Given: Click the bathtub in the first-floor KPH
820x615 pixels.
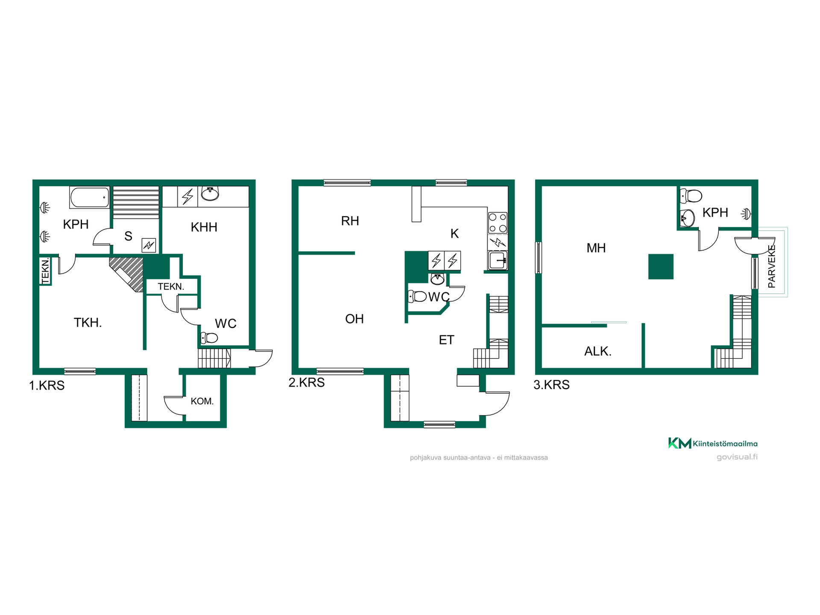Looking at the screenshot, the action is [x=90, y=197].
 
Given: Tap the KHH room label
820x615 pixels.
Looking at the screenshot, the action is [x=204, y=227].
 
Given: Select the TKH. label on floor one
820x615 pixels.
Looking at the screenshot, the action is [x=88, y=322].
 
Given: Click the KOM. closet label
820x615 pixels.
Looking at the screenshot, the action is [x=202, y=401].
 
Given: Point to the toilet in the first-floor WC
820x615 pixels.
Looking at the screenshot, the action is [x=209, y=338].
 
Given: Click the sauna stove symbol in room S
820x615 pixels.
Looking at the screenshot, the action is [x=149, y=245].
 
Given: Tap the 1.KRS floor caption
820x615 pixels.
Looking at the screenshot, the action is [x=47, y=385].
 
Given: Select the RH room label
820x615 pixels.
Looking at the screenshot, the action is [x=350, y=221].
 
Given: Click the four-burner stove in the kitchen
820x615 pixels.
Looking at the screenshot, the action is [x=498, y=223].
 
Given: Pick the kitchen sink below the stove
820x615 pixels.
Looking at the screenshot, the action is [x=498, y=260].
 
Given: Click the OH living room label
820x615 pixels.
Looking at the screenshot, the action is [x=354, y=319].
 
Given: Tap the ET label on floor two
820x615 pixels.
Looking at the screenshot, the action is [x=446, y=340].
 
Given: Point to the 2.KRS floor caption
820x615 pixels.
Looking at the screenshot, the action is [x=307, y=382].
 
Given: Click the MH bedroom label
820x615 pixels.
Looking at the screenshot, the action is [x=596, y=248].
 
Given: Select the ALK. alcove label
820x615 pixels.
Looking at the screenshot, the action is [x=598, y=351].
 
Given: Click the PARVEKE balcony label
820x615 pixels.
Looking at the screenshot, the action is [x=772, y=266].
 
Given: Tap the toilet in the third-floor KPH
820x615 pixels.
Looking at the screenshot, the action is [x=691, y=196].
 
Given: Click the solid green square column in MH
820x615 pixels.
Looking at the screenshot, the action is [x=661, y=266].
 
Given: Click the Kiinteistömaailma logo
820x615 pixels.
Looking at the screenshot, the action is [x=713, y=443].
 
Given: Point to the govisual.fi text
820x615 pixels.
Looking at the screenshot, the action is [x=737, y=457].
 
